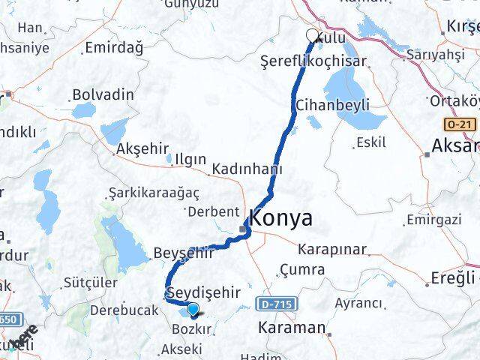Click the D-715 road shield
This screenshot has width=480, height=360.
click(280, 303)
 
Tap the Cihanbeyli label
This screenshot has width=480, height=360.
click(333, 104)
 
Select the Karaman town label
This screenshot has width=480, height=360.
click(291, 328)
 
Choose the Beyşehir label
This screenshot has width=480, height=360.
click(184, 253)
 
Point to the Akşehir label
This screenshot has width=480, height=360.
click(142, 149)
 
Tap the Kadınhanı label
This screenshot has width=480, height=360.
click(247, 169)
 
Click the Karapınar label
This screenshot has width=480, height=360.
click(331, 248)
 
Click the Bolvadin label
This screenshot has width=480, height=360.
click(103, 95)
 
